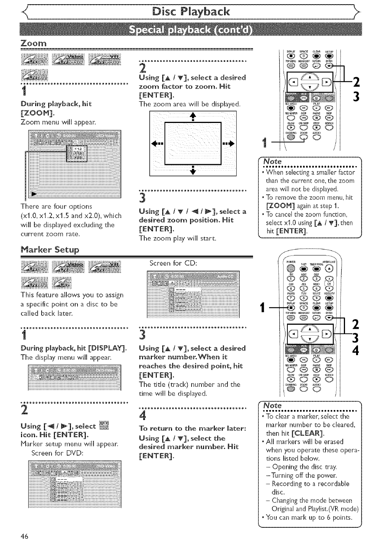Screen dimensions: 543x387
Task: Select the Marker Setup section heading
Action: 50,250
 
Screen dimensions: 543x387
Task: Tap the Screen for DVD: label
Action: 57,453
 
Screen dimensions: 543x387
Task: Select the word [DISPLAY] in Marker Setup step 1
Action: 107,348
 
